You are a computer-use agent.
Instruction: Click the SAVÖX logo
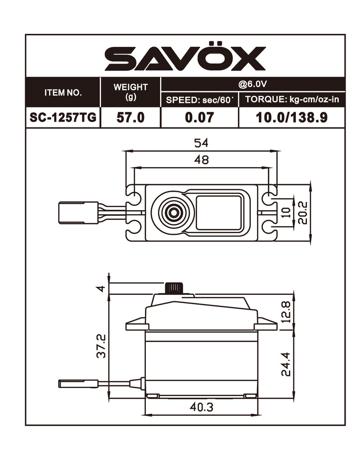tap(185, 58)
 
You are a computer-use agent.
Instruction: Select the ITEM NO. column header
tap(63, 93)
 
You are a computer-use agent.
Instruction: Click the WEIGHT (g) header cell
tap(130, 92)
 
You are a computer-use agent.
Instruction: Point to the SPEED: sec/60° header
tap(199, 99)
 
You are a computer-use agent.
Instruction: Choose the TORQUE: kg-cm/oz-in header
tap(292, 99)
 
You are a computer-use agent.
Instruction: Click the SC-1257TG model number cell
tap(63, 118)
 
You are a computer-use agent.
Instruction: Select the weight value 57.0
tap(130, 118)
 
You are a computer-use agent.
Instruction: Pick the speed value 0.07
tap(199, 118)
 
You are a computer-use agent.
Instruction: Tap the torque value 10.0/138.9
tap(292, 118)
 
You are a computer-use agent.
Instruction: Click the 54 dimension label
tap(201, 143)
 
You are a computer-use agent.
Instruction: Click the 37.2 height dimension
tap(102, 346)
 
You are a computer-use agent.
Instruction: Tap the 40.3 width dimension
tap(201, 407)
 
